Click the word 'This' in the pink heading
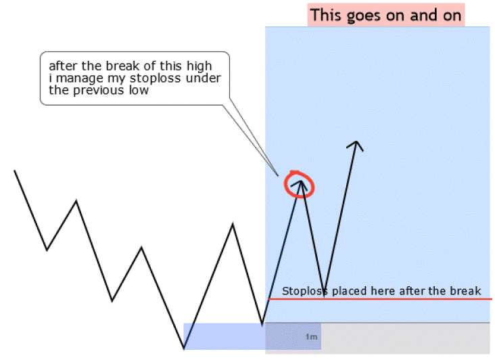[x=326, y=15]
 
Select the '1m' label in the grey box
[x=311, y=337]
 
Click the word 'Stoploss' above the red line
[x=305, y=291]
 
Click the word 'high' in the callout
[x=199, y=66]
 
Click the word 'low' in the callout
[x=138, y=90]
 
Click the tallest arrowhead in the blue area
[x=356, y=145]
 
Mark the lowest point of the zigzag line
[x=184, y=348]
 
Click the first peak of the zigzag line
[x=76, y=201]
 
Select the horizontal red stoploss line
[x=380, y=298]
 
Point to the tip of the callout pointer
[x=278, y=175]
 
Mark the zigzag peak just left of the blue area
[x=233, y=225]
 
